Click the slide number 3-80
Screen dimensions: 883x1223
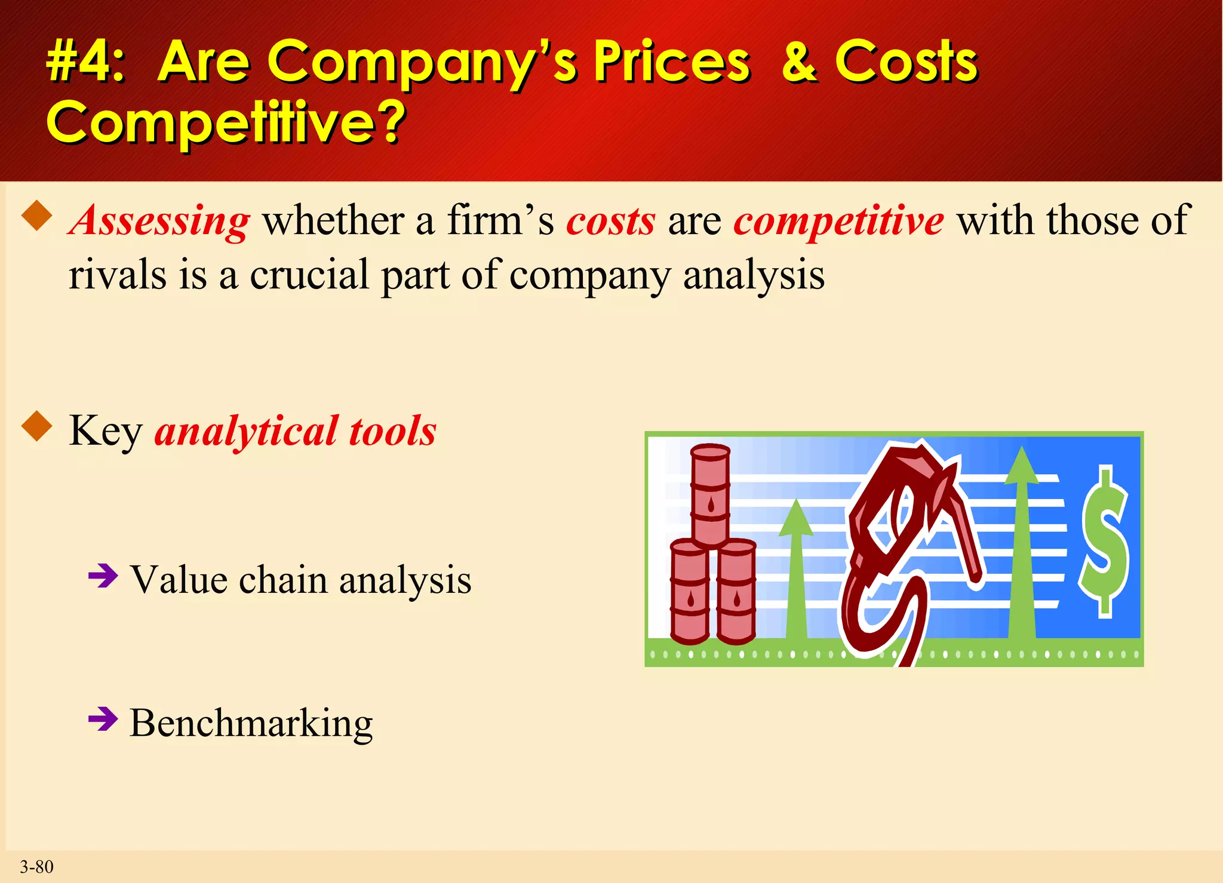36,867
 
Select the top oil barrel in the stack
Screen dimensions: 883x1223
710,496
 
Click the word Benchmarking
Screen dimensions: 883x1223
251,724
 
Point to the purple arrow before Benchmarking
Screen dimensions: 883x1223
103,719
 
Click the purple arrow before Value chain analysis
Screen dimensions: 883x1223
103,576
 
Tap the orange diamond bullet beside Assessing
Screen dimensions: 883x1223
37,216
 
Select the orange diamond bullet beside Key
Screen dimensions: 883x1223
37,426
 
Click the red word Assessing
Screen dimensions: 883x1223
159,221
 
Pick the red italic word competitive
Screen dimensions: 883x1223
838,221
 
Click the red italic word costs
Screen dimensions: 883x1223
610,221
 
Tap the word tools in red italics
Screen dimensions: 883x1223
392,431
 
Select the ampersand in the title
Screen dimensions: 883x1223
799,61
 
